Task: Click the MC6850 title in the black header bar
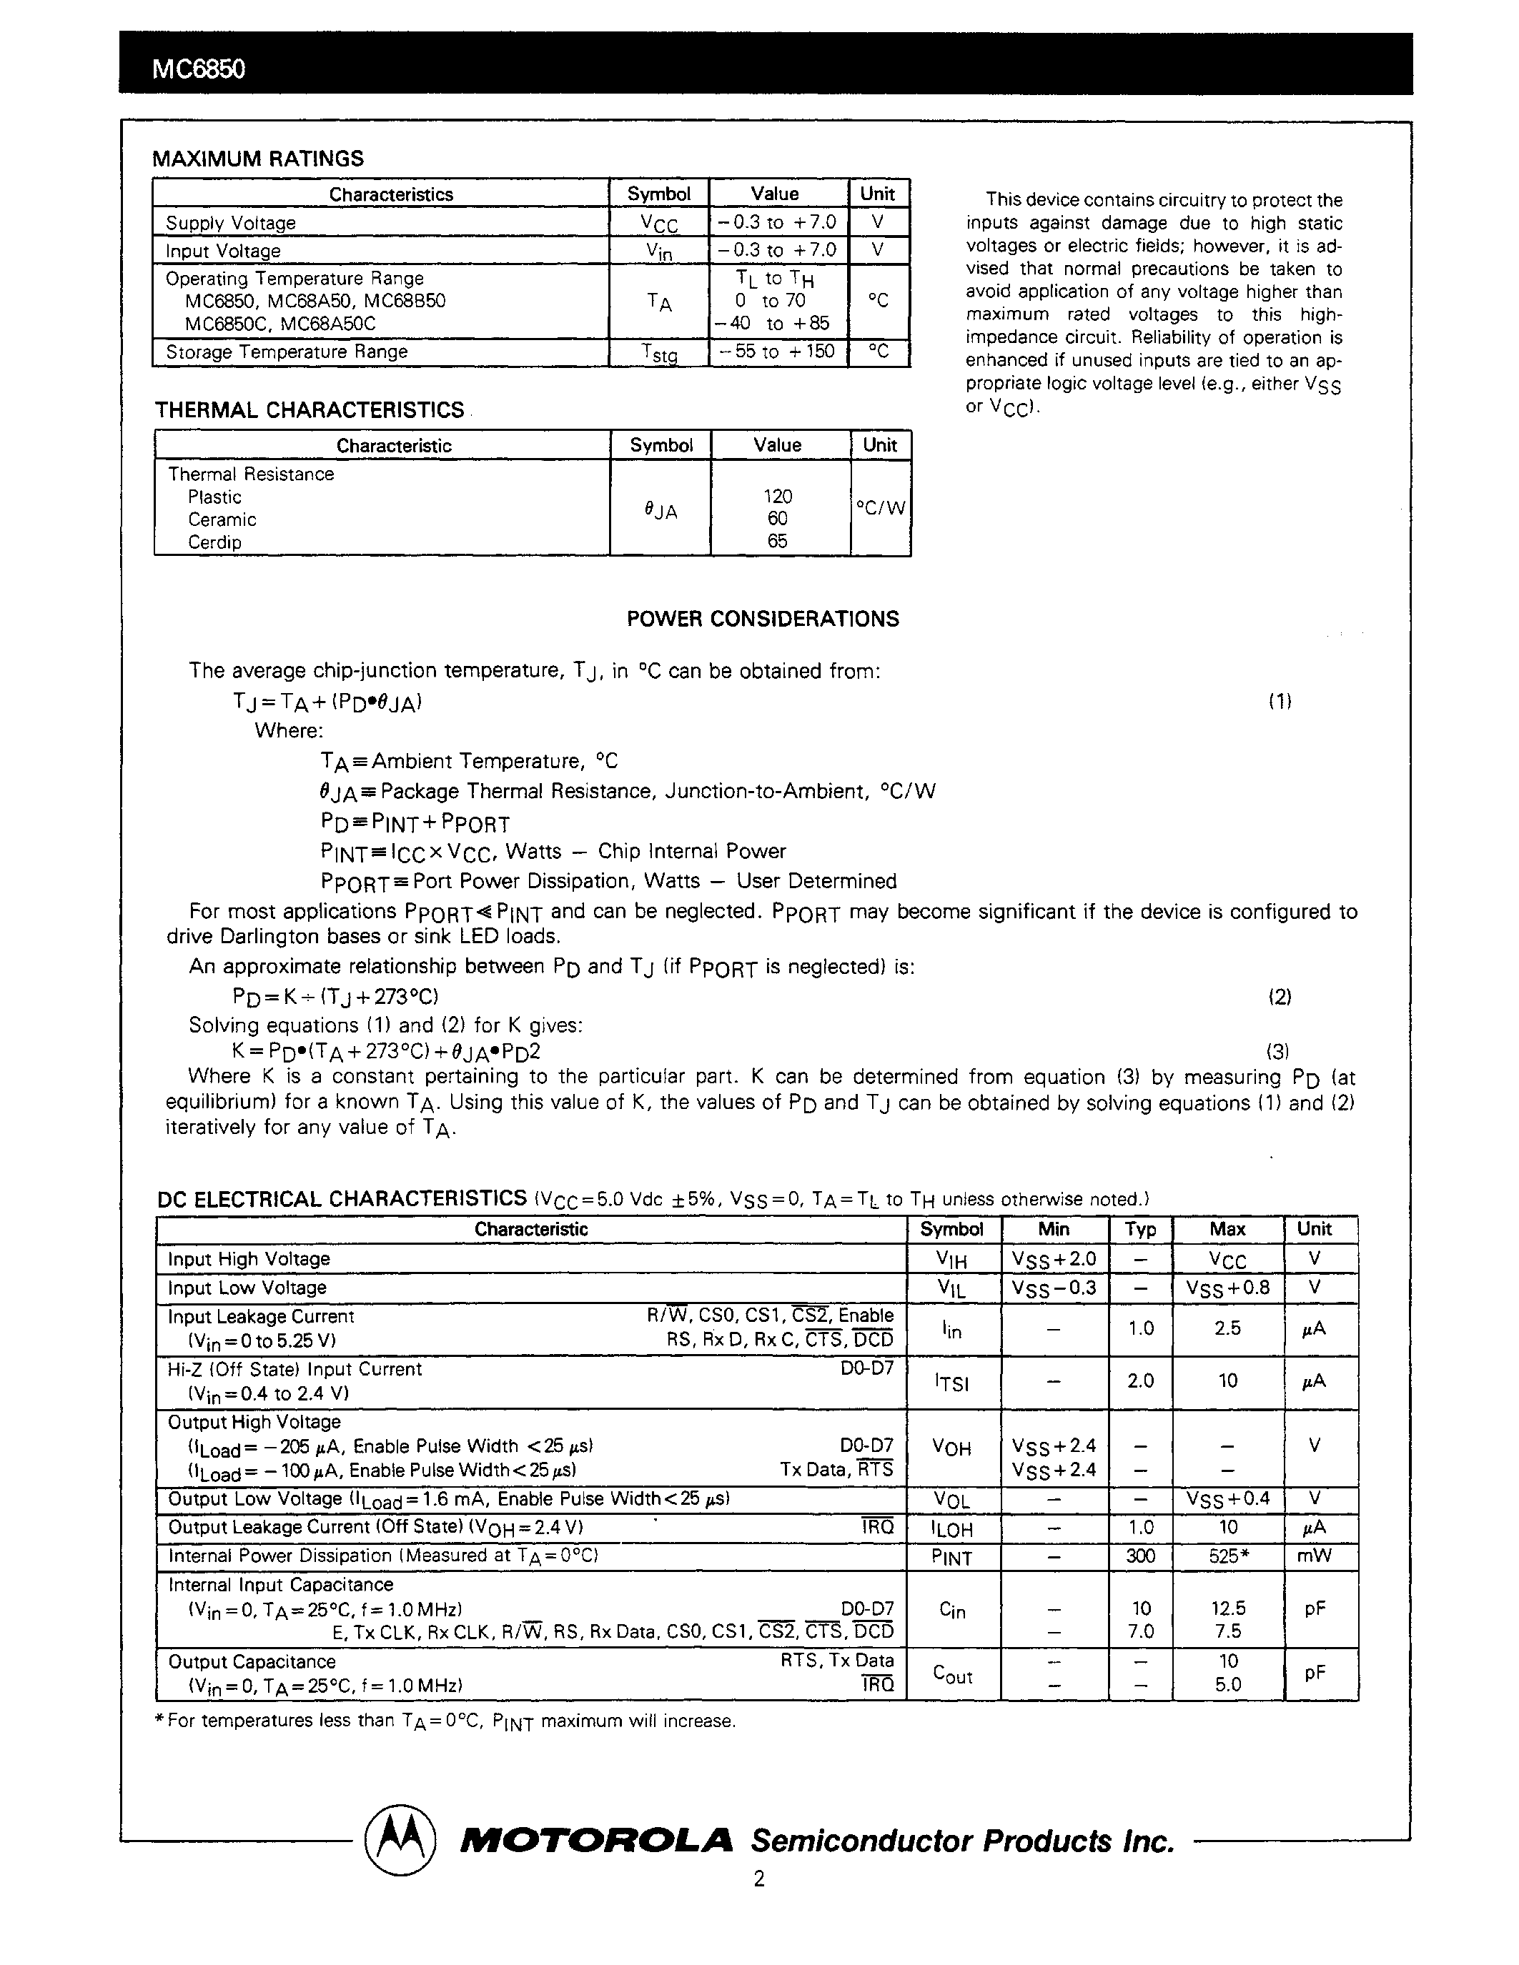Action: (198, 69)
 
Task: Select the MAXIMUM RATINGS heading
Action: (258, 159)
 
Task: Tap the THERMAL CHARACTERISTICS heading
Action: (309, 410)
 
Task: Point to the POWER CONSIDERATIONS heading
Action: (762, 619)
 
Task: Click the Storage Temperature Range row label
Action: (286, 352)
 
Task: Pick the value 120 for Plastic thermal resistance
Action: (778, 496)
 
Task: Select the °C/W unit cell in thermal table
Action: (880, 508)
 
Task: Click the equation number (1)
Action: (1280, 702)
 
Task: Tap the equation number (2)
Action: (1280, 997)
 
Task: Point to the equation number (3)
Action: (1278, 1051)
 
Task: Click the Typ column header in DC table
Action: (1140, 1230)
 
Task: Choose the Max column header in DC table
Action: (1227, 1230)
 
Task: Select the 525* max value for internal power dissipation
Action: (1228, 1556)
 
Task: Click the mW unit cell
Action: (1314, 1556)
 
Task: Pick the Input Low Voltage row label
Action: (247, 1288)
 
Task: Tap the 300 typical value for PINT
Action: (1140, 1556)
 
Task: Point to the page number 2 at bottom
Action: (758, 1904)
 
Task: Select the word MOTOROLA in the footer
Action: (597, 1841)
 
